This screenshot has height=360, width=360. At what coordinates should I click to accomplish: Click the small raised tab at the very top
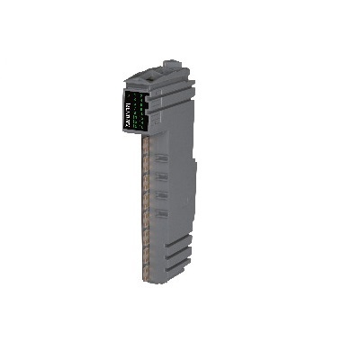[168, 65]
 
